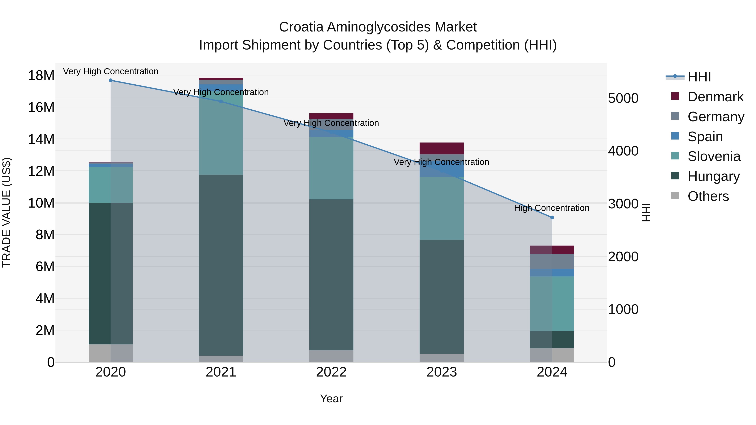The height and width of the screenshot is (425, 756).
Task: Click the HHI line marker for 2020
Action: [x=111, y=80]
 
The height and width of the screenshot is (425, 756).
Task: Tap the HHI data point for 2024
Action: [x=552, y=218]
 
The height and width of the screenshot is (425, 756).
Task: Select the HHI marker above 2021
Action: [x=221, y=102]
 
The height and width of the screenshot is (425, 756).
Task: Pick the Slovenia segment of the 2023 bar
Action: [x=442, y=208]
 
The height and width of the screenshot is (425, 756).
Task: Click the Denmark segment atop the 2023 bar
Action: [x=442, y=148]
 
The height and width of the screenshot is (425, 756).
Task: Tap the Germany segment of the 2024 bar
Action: [x=552, y=261]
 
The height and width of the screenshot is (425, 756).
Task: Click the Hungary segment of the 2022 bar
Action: [x=331, y=275]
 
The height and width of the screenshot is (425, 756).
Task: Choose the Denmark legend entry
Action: [x=715, y=97]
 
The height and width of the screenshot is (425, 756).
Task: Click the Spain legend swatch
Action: [x=675, y=136]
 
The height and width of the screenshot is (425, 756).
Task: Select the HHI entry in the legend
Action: [x=699, y=77]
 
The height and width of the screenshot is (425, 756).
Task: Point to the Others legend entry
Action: [x=708, y=196]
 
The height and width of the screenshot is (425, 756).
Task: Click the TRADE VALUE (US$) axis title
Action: [x=7, y=212]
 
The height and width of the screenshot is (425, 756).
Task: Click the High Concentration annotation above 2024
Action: [x=551, y=208]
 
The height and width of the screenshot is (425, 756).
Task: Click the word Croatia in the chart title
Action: [x=301, y=27]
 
